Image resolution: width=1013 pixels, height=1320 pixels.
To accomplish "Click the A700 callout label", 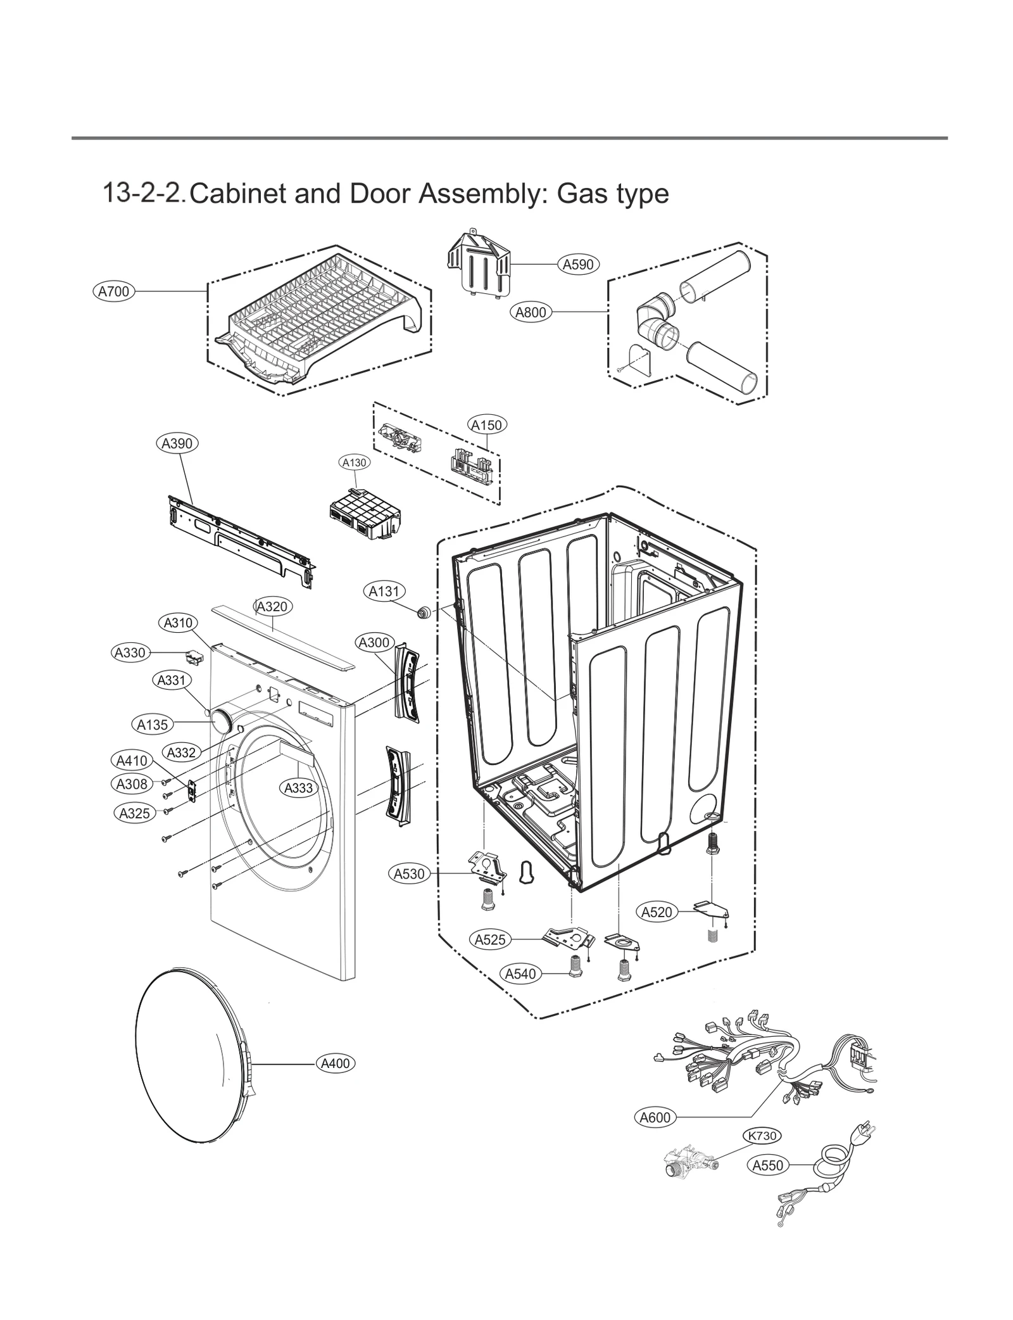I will [x=114, y=291].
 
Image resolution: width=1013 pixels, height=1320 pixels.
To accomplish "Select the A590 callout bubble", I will [x=578, y=264].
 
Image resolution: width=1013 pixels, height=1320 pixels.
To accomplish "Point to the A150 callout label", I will [x=488, y=425].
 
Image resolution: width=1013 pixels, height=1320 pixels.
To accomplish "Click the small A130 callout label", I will [x=355, y=463].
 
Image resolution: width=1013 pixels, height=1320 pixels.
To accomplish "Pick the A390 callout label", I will [x=177, y=443].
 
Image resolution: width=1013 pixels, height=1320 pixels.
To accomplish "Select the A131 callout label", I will [x=384, y=592].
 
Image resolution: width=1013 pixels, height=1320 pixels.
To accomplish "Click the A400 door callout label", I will [x=336, y=1063].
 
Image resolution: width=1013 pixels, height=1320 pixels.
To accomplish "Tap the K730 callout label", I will [x=762, y=1136].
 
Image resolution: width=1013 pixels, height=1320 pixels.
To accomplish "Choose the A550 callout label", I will [x=768, y=1165].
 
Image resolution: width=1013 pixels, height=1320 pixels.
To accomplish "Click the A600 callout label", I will [x=655, y=1117].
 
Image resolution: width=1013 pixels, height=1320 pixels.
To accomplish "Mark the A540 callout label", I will [x=520, y=974].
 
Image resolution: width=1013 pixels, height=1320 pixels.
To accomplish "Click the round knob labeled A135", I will [x=222, y=721].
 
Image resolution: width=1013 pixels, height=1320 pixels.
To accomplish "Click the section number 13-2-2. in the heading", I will [x=144, y=193].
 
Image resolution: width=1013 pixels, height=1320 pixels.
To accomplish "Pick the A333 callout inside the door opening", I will [x=299, y=788].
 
